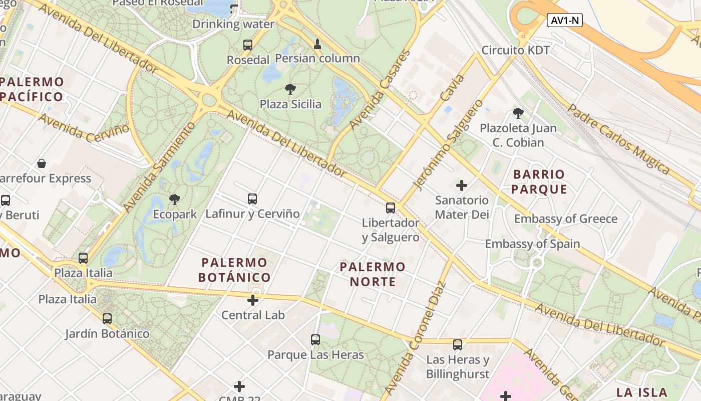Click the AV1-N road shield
coord(565,21)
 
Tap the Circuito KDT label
coord(515,50)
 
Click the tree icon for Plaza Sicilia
coord(290,90)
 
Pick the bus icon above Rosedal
coord(248,45)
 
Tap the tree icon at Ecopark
coord(175,199)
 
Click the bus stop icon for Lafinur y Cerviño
coord(252,199)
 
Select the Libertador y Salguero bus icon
coord(391,208)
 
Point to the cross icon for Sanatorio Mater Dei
coord(462,185)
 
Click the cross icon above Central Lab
coord(253,300)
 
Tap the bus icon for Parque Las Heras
coord(315,340)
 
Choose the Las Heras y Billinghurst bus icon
coord(458,345)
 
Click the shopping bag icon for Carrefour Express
coord(42,163)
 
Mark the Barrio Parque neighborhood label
coord(539,181)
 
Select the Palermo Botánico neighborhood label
coord(234,270)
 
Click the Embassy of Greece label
coord(566,219)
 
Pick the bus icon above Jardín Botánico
coord(107,319)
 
